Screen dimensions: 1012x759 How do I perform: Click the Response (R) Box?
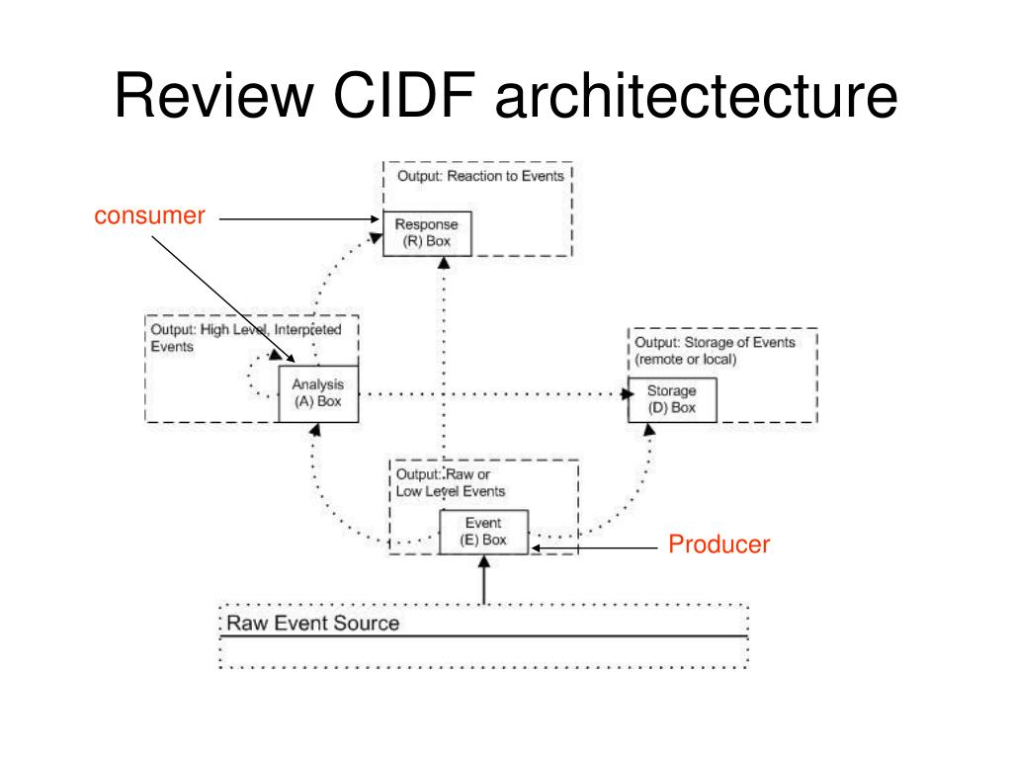tap(427, 233)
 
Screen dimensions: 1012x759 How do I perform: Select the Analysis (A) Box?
tap(318, 393)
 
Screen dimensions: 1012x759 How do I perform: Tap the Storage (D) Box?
tap(672, 400)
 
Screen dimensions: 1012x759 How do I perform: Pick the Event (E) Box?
tap(483, 532)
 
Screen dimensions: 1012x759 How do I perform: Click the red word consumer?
tap(150, 215)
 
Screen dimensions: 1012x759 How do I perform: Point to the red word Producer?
tap(719, 545)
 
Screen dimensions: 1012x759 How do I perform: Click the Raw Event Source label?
tap(313, 623)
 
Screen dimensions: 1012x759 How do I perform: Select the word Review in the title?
tap(213, 96)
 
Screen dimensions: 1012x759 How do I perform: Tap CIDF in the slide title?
tap(404, 95)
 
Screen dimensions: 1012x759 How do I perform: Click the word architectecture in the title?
tap(696, 96)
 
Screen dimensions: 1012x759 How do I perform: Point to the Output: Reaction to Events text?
tap(480, 176)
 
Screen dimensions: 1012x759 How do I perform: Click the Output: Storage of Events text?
tap(715, 342)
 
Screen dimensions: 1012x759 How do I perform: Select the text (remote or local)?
tap(686, 360)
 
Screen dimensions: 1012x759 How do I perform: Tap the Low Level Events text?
tap(451, 491)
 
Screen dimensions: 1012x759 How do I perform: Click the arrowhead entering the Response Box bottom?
tap(444, 263)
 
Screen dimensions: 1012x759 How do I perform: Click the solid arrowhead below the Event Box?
tap(484, 561)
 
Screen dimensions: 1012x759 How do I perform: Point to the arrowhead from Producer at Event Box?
tap(536, 548)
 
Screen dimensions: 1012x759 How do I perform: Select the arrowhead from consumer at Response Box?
tap(375, 218)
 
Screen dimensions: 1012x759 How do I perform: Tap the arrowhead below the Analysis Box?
tap(315, 430)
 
